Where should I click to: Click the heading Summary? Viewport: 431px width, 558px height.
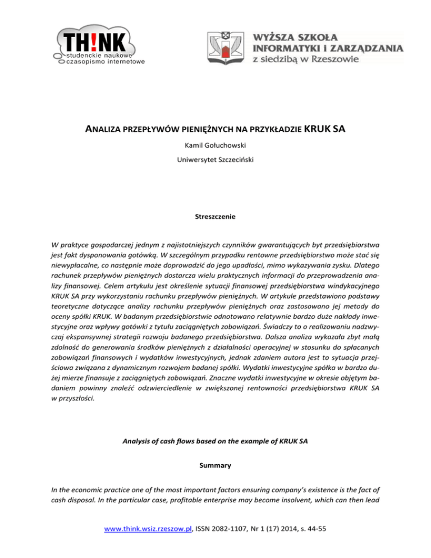click(215, 465)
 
